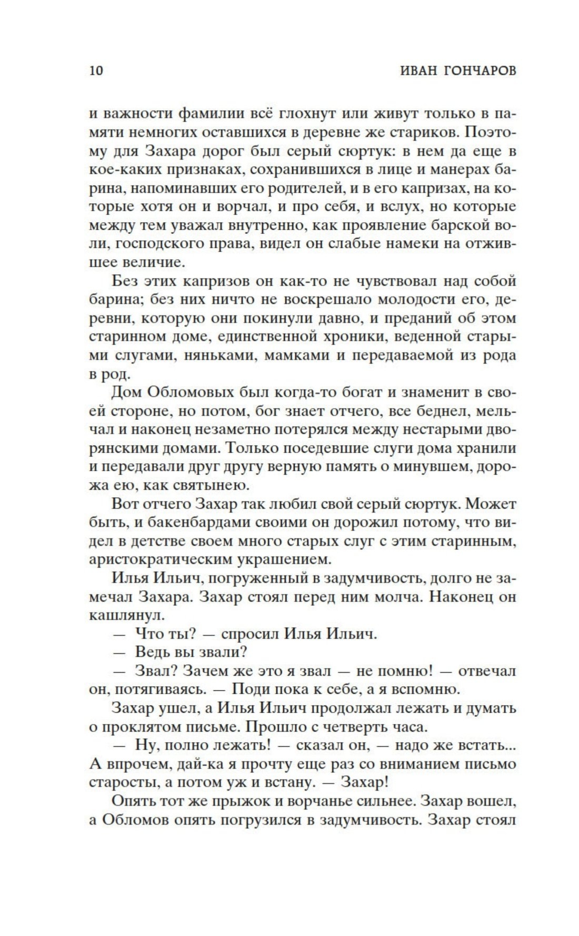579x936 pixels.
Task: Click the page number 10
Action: pyautogui.click(x=96, y=71)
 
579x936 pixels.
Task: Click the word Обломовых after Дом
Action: pyautogui.click(x=188, y=393)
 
